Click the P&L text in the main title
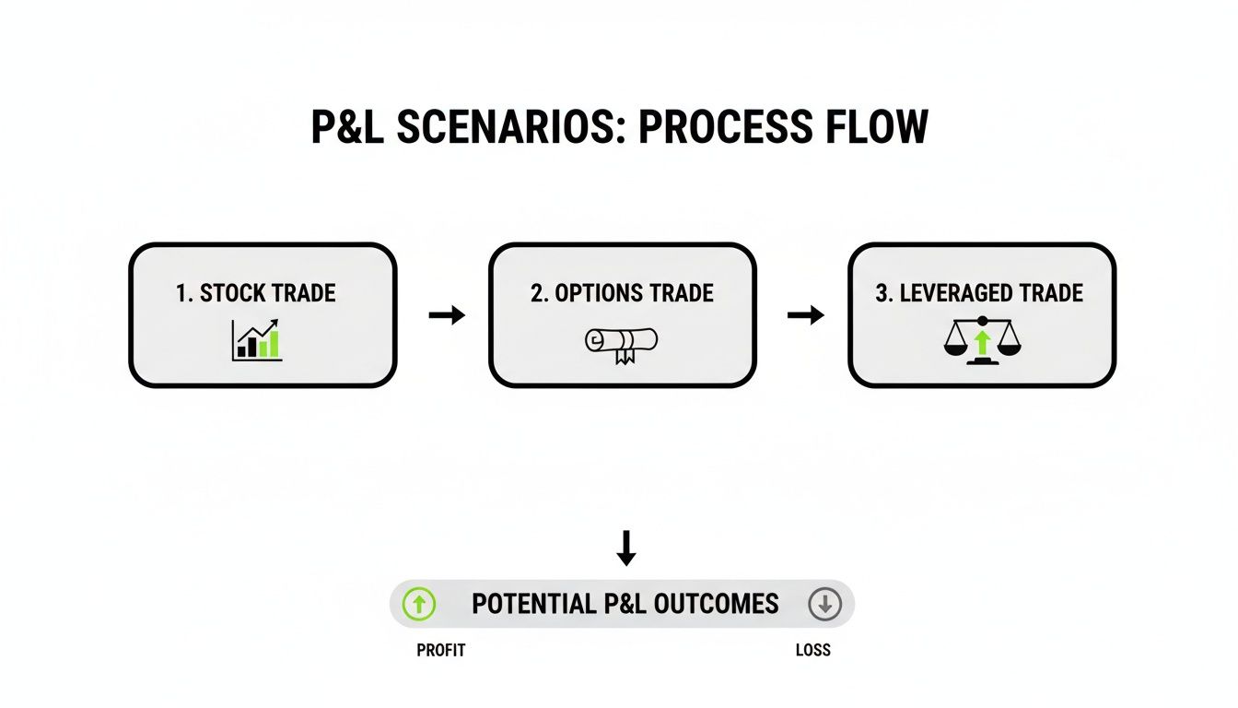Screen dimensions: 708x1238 click(347, 128)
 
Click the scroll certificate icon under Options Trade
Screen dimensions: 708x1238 click(621, 343)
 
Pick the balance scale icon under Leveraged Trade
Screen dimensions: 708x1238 click(982, 340)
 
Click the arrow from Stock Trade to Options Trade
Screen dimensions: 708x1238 click(447, 315)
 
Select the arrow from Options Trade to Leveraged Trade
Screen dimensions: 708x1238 click(806, 315)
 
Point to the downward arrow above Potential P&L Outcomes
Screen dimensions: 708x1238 click(626, 548)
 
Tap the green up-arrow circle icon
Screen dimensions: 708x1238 click(419, 605)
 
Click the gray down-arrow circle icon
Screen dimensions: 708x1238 click(824, 605)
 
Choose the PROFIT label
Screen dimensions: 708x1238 click(441, 650)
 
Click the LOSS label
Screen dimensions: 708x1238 click(812, 650)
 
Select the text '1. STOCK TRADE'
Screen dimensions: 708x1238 click(255, 294)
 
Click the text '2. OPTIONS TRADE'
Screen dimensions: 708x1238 click(622, 294)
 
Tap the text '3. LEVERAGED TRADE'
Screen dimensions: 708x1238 click(979, 294)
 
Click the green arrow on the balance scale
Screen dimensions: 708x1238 click(982, 343)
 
